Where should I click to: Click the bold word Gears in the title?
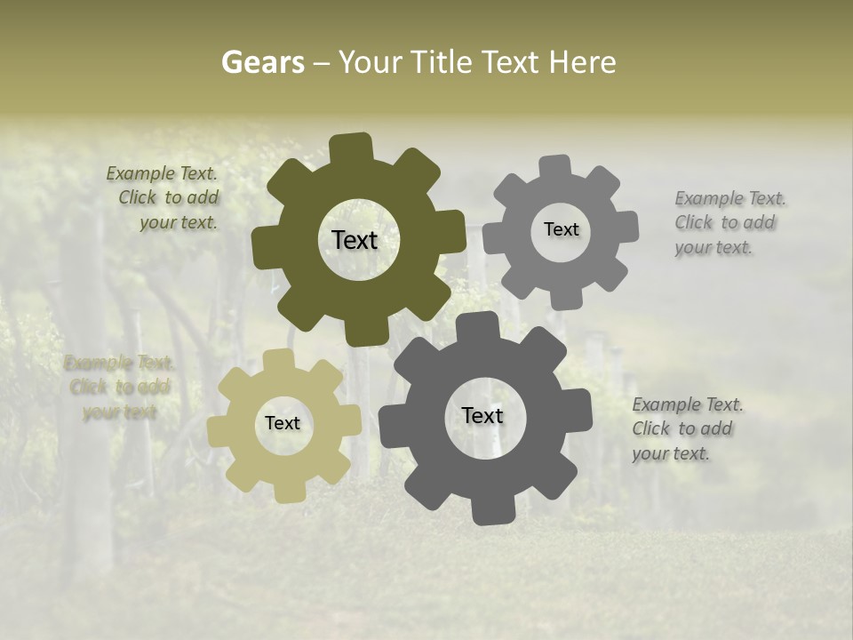[262, 62]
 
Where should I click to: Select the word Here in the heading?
[583, 62]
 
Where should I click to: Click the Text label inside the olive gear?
[355, 240]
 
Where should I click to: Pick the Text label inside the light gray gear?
[561, 229]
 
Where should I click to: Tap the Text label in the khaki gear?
[283, 423]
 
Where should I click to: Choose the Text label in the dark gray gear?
[482, 415]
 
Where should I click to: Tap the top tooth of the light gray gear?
[555, 168]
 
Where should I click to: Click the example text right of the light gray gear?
[729, 223]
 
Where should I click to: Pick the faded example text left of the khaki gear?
[119, 388]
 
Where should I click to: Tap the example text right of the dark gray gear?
[686, 429]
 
